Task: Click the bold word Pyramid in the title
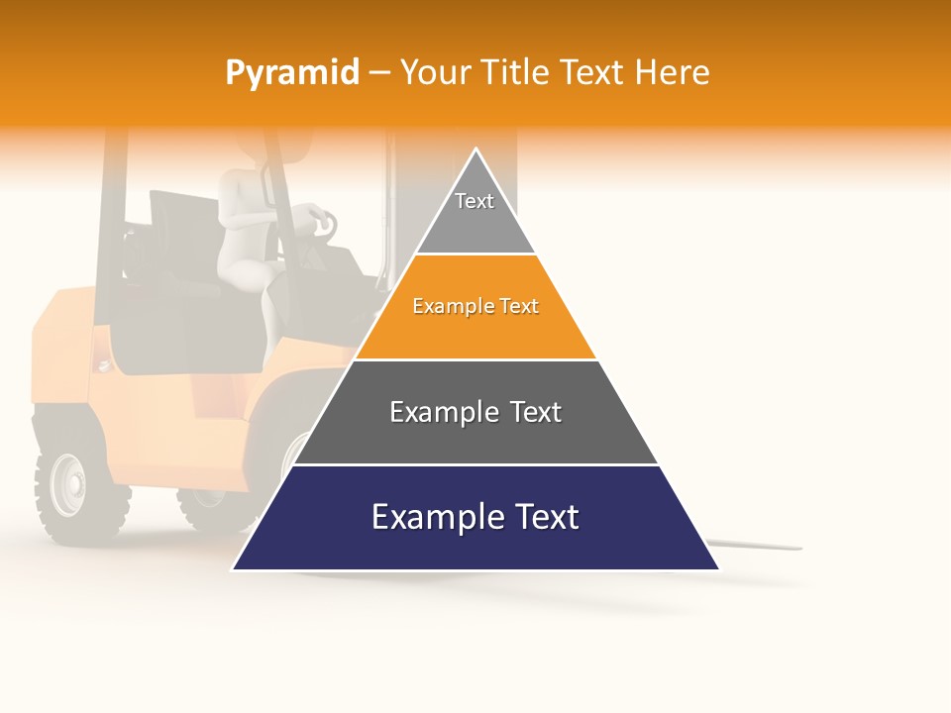pyautogui.click(x=291, y=73)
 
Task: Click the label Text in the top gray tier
pyautogui.click(x=475, y=201)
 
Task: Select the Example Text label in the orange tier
pyautogui.click(x=475, y=307)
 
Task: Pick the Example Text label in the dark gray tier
pyautogui.click(x=475, y=412)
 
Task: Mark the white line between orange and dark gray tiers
pyautogui.click(x=475, y=359)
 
